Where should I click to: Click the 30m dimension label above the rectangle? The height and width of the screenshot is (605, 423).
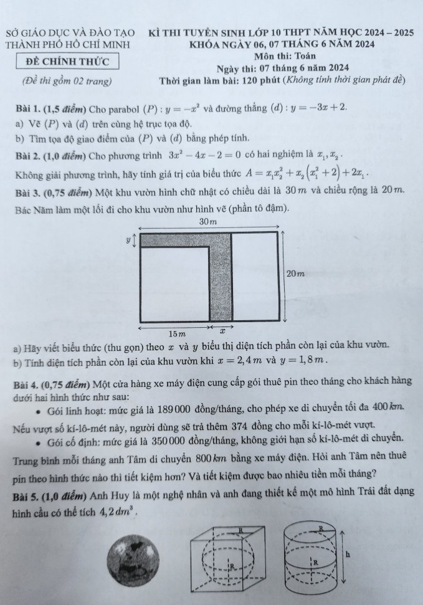point(209,222)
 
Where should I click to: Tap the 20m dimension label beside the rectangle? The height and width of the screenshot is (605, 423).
point(295,274)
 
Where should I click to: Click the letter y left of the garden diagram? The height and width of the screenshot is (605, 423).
point(127,239)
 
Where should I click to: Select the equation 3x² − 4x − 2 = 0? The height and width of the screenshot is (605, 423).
point(205,155)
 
